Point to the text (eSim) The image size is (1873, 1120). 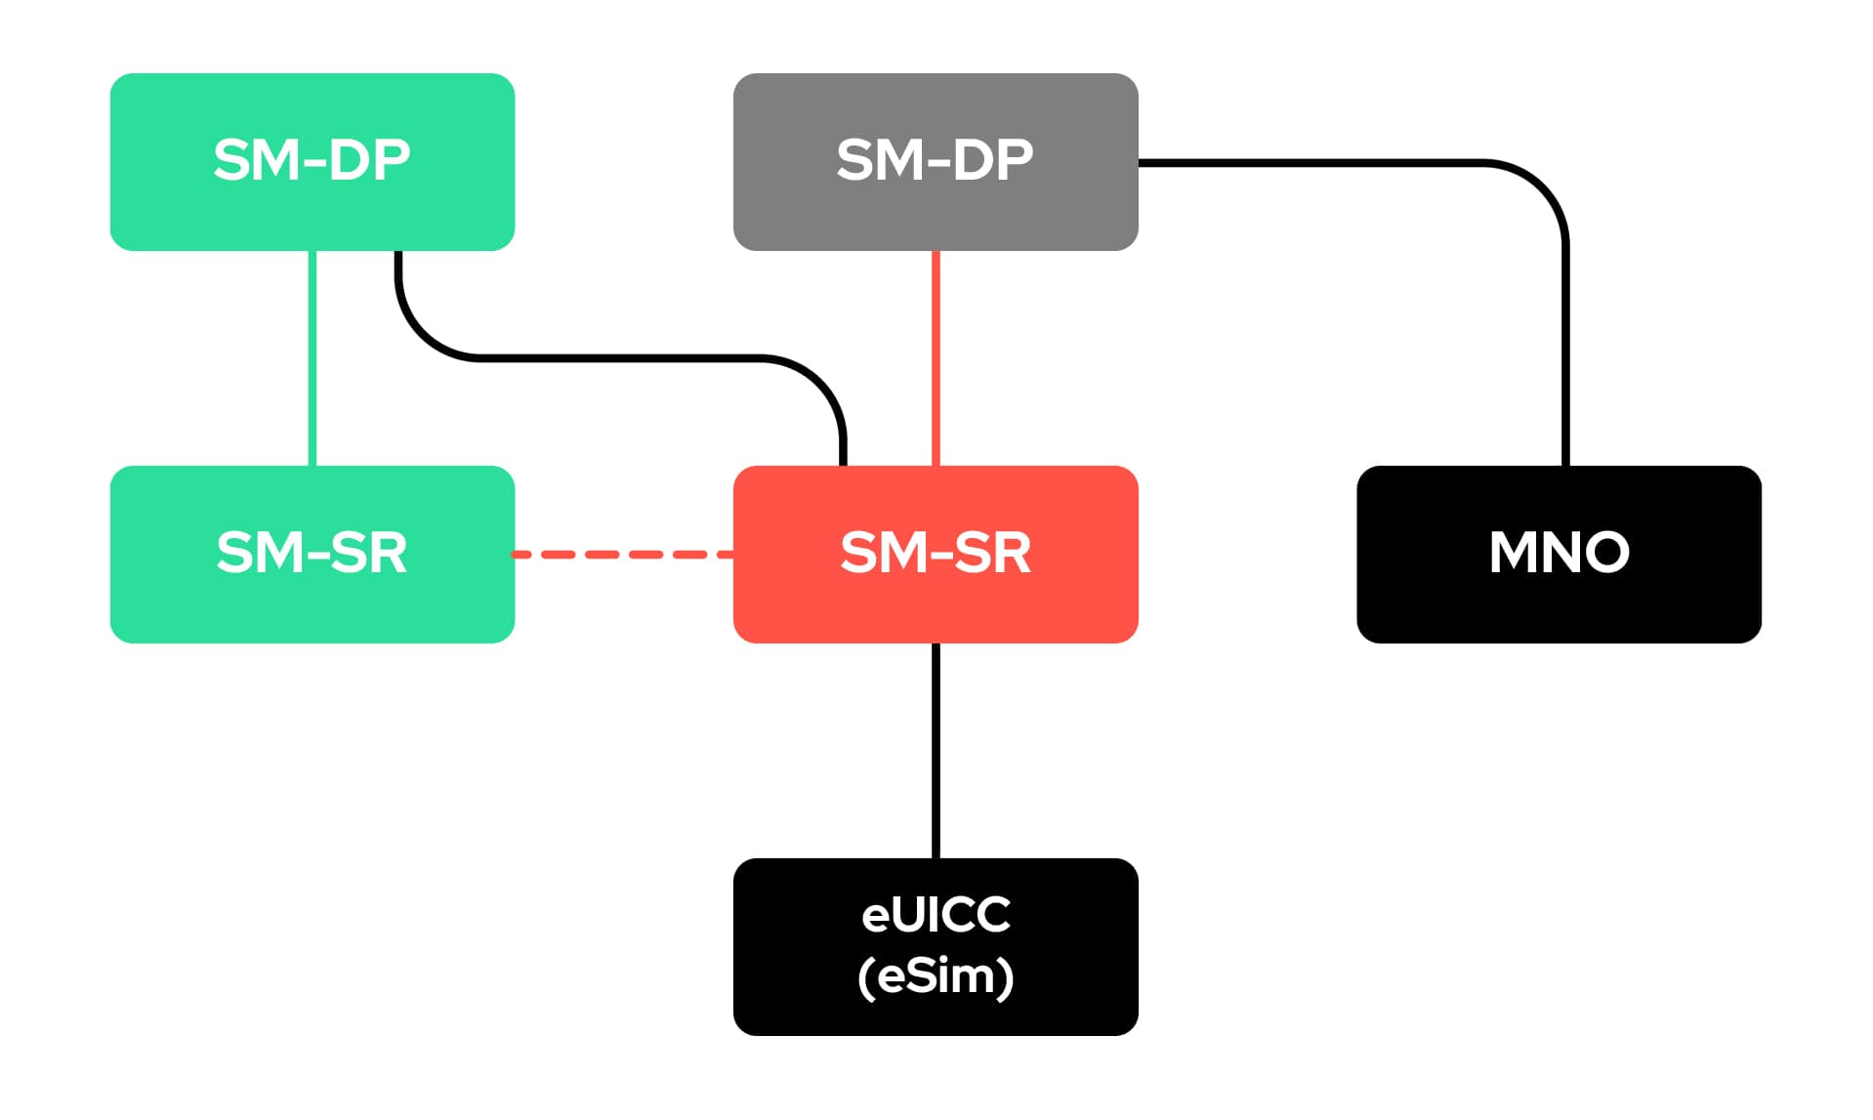(x=936, y=976)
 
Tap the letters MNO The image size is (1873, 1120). (x=1559, y=553)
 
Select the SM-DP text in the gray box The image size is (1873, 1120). (x=935, y=160)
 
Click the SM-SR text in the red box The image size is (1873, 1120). (x=936, y=553)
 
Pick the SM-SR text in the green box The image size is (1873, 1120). (x=312, y=553)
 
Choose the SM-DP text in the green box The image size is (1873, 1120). (x=312, y=160)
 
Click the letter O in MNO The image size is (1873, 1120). (x=1603, y=553)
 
